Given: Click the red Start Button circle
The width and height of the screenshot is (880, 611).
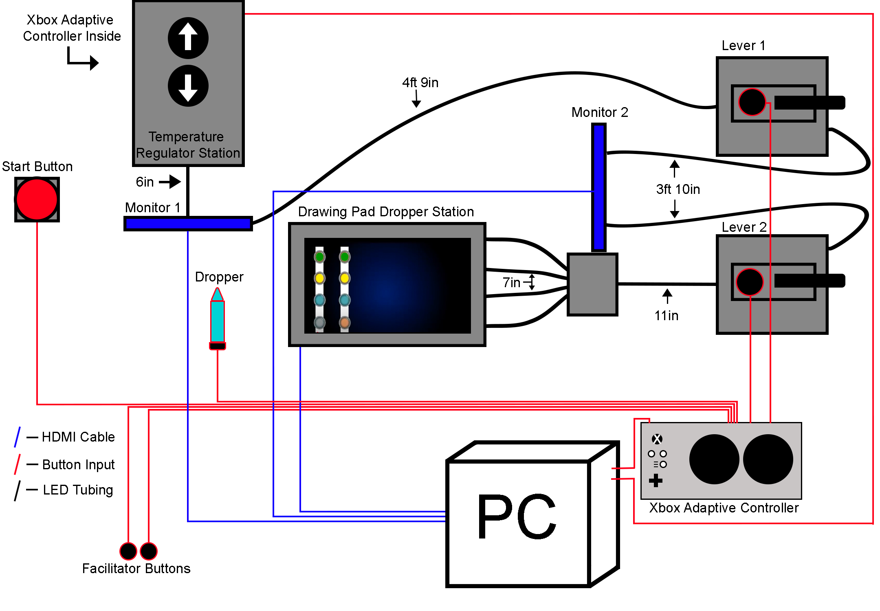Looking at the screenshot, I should pos(37,199).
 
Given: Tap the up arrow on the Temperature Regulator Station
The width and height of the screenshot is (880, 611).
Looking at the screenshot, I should pos(188,38).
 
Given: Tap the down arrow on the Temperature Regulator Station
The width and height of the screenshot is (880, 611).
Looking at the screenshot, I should pos(188,86).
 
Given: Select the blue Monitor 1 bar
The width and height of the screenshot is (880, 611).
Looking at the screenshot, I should pos(188,223).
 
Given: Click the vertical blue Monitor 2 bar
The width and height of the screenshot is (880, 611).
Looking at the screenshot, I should pos(598,187).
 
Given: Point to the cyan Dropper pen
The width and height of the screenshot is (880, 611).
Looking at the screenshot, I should pos(218,320).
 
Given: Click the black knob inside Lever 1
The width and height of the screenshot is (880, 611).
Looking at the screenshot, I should pos(752,102).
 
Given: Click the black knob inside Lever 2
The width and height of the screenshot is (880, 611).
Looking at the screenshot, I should pos(750,282).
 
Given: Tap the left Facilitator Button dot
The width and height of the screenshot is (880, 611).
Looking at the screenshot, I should pos(128,551).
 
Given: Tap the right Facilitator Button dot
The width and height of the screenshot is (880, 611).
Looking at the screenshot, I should pos(149,551).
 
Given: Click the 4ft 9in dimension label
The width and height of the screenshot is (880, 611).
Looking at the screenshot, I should pos(420,83).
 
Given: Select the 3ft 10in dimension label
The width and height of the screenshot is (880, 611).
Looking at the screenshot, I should pos(678,189).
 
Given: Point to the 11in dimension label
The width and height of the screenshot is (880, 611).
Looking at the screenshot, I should pos(667,316).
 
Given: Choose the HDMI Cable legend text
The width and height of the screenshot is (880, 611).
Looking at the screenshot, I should pos(78,437).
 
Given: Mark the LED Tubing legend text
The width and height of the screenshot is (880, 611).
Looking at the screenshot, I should pos(78,490).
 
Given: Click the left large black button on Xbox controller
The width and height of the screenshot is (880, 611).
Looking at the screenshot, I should pos(714,459).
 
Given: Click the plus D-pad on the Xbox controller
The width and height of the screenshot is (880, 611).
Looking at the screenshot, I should pos(656,481).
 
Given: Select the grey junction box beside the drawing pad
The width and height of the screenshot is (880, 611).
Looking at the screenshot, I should pos(593,284).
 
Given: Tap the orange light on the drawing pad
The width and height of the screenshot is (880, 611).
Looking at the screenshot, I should pos(345,323).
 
